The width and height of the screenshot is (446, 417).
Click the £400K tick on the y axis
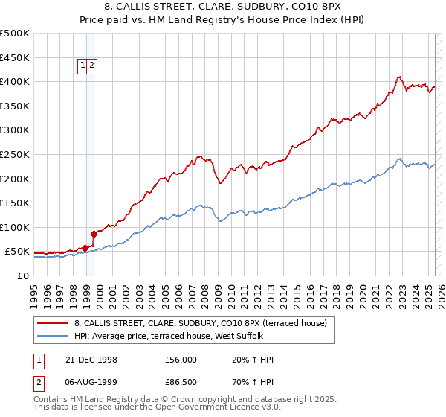pyautogui.click(x=15, y=81)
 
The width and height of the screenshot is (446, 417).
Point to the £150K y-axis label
pyautogui.click(x=15, y=203)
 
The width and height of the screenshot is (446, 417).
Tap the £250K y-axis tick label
pyautogui.click(x=15, y=154)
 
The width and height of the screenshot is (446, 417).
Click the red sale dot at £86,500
pyautogui.click(x=94, y=234)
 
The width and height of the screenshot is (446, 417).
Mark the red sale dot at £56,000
pyautogui.click(x=85, y=248)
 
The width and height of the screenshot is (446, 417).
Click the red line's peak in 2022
pyautogui.click(x=399, y=76)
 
